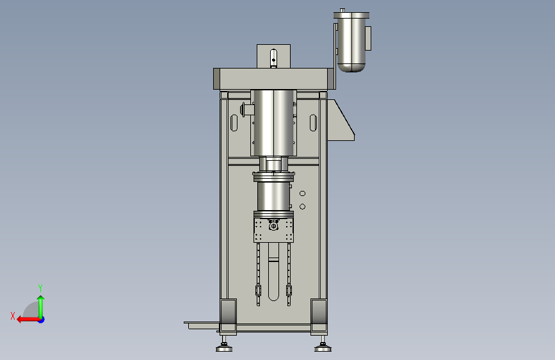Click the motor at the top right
click(x=351, y=42)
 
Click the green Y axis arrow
click(x=41, y=307)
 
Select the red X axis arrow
click(x=29, y=320)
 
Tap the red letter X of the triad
click(x=13, y=316)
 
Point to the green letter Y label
click(x=40, y=288)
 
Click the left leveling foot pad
click(x=224, y=349)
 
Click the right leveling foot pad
click(x=323, y=349)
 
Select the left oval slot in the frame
click(x=234, y=122)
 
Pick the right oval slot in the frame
click(x=313, y=122)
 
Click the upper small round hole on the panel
click(x=302, y=193)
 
